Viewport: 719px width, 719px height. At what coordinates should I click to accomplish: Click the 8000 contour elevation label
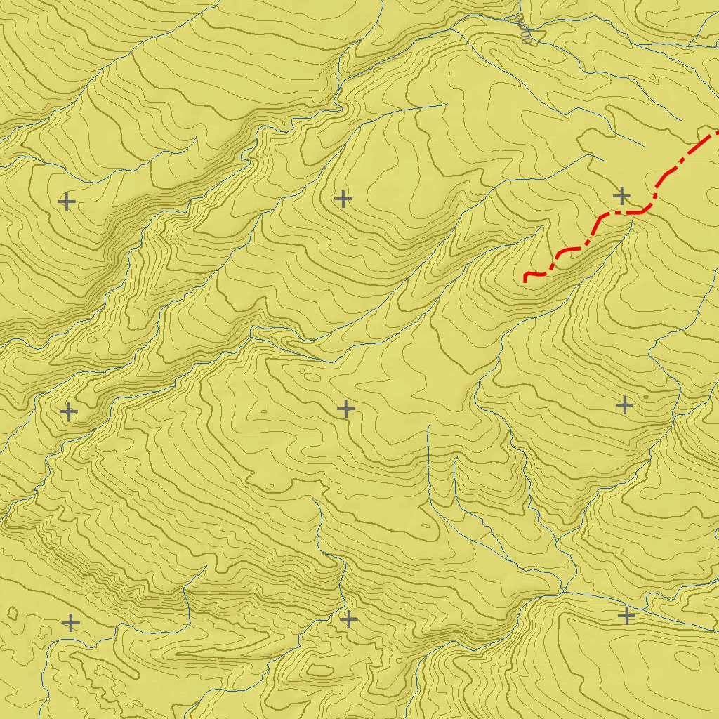click(524, 30)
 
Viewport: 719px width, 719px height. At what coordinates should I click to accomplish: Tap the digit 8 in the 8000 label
click(531, 41)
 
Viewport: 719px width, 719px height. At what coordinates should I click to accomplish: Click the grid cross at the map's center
click(345, 408)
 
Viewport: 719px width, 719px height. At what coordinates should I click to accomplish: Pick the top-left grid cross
click(67, 202)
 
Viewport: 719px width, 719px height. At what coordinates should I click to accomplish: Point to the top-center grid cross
click(343, 199)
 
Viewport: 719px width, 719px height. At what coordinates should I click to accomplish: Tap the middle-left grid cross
click(69, 411)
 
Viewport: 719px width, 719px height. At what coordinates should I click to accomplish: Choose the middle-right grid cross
click(624, 405)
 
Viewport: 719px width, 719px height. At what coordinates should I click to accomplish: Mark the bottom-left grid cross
click(71, 622)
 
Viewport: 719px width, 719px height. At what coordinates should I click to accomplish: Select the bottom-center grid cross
click(349, 619)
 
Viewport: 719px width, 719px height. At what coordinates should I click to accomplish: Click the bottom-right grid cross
click(626, 616)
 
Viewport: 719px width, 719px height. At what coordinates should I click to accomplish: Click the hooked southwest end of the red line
click(526, 279)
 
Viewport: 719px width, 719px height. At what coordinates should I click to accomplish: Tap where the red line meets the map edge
click(716, 132)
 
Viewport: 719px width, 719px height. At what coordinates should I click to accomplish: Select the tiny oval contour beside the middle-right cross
click(645, 397)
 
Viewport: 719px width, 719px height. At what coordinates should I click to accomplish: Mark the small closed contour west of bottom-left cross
click(13, 614)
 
